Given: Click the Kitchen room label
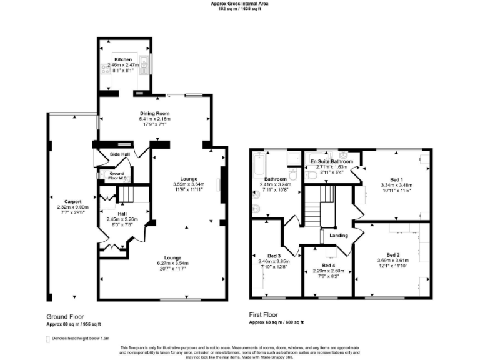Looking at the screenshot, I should (x=123, y=59).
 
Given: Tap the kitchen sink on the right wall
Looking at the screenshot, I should (x=144, y=61).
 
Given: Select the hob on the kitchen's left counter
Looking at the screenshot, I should (x=104, y=69).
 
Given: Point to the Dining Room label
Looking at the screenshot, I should (x=155, y=113).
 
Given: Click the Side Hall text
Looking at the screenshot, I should (x=120, y=154).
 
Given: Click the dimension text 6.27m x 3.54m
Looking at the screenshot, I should (x=172, y=264).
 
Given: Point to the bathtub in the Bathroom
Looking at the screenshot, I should (x=257, y=167).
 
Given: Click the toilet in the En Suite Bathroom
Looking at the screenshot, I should (x=311, y=176).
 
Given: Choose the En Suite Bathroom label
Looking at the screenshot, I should (x=332, y=161).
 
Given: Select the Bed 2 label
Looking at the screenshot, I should (x=392, y=254).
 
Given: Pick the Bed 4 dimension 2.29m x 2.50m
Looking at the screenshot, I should (x=328, y=270).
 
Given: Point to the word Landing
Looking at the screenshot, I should (x=339, y=236).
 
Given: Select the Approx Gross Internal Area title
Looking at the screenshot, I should (x=240, y=4).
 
